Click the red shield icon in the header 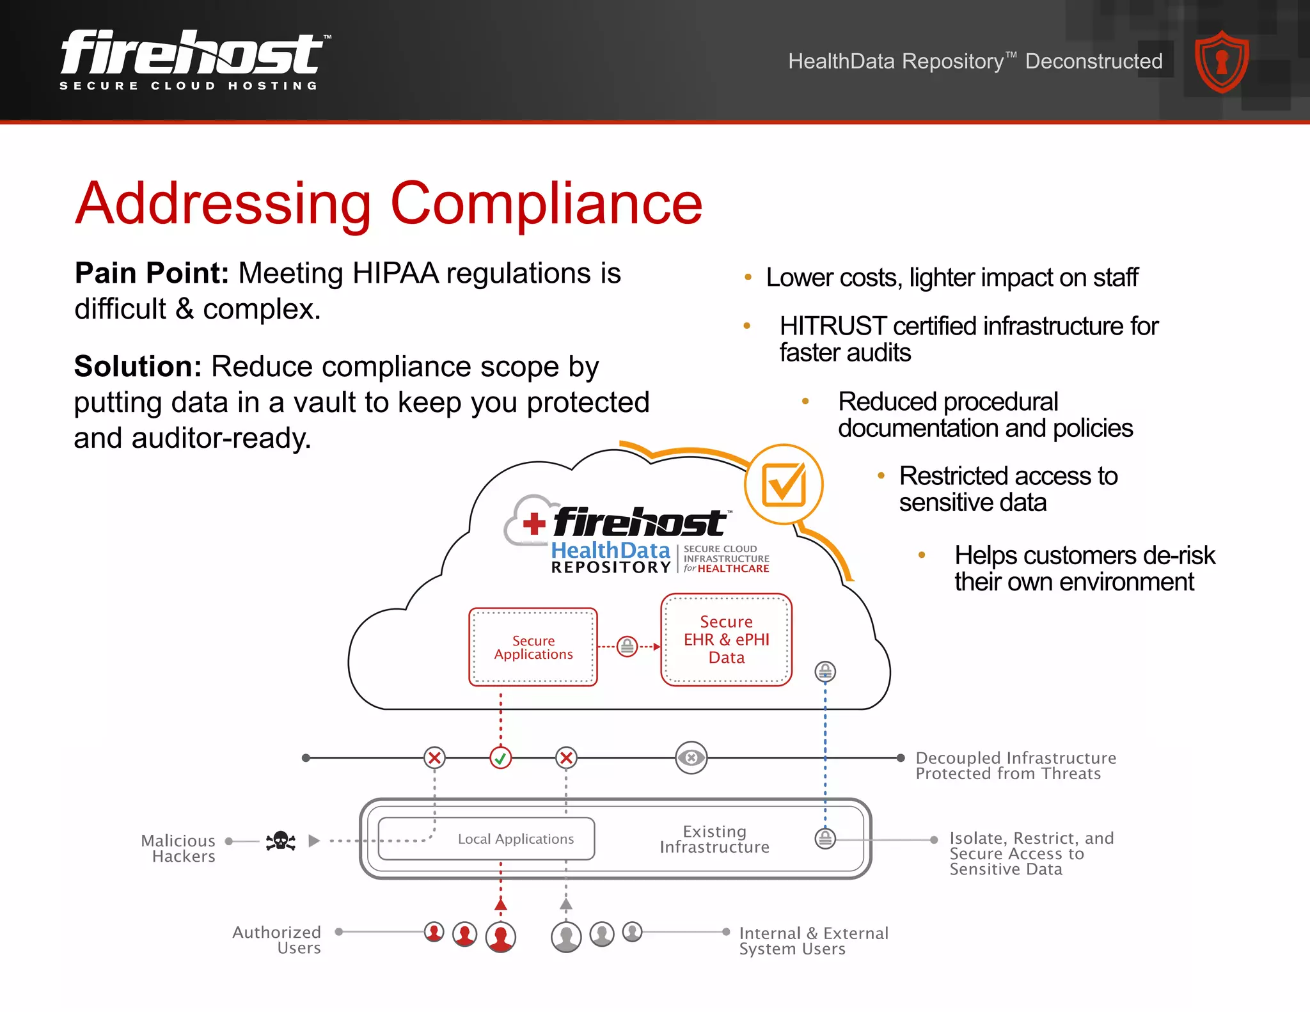[1222, 62]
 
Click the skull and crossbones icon [281, 841]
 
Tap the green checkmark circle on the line [501, 758]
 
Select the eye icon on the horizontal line [691, 758]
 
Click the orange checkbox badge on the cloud [784, 485]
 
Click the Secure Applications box [533, 647]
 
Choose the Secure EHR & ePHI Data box [726, 640]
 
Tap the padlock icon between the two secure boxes [627, 646]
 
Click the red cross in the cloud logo [534, 524]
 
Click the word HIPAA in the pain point [395, 273]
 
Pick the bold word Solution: [138, 367]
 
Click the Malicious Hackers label [178, 848]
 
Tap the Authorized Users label [277, 940]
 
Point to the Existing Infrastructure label [714, 839]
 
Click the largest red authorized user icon [501, 937]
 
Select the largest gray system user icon [566, 937]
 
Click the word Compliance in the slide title [546, 203]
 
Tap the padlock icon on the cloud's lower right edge [825, 671]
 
